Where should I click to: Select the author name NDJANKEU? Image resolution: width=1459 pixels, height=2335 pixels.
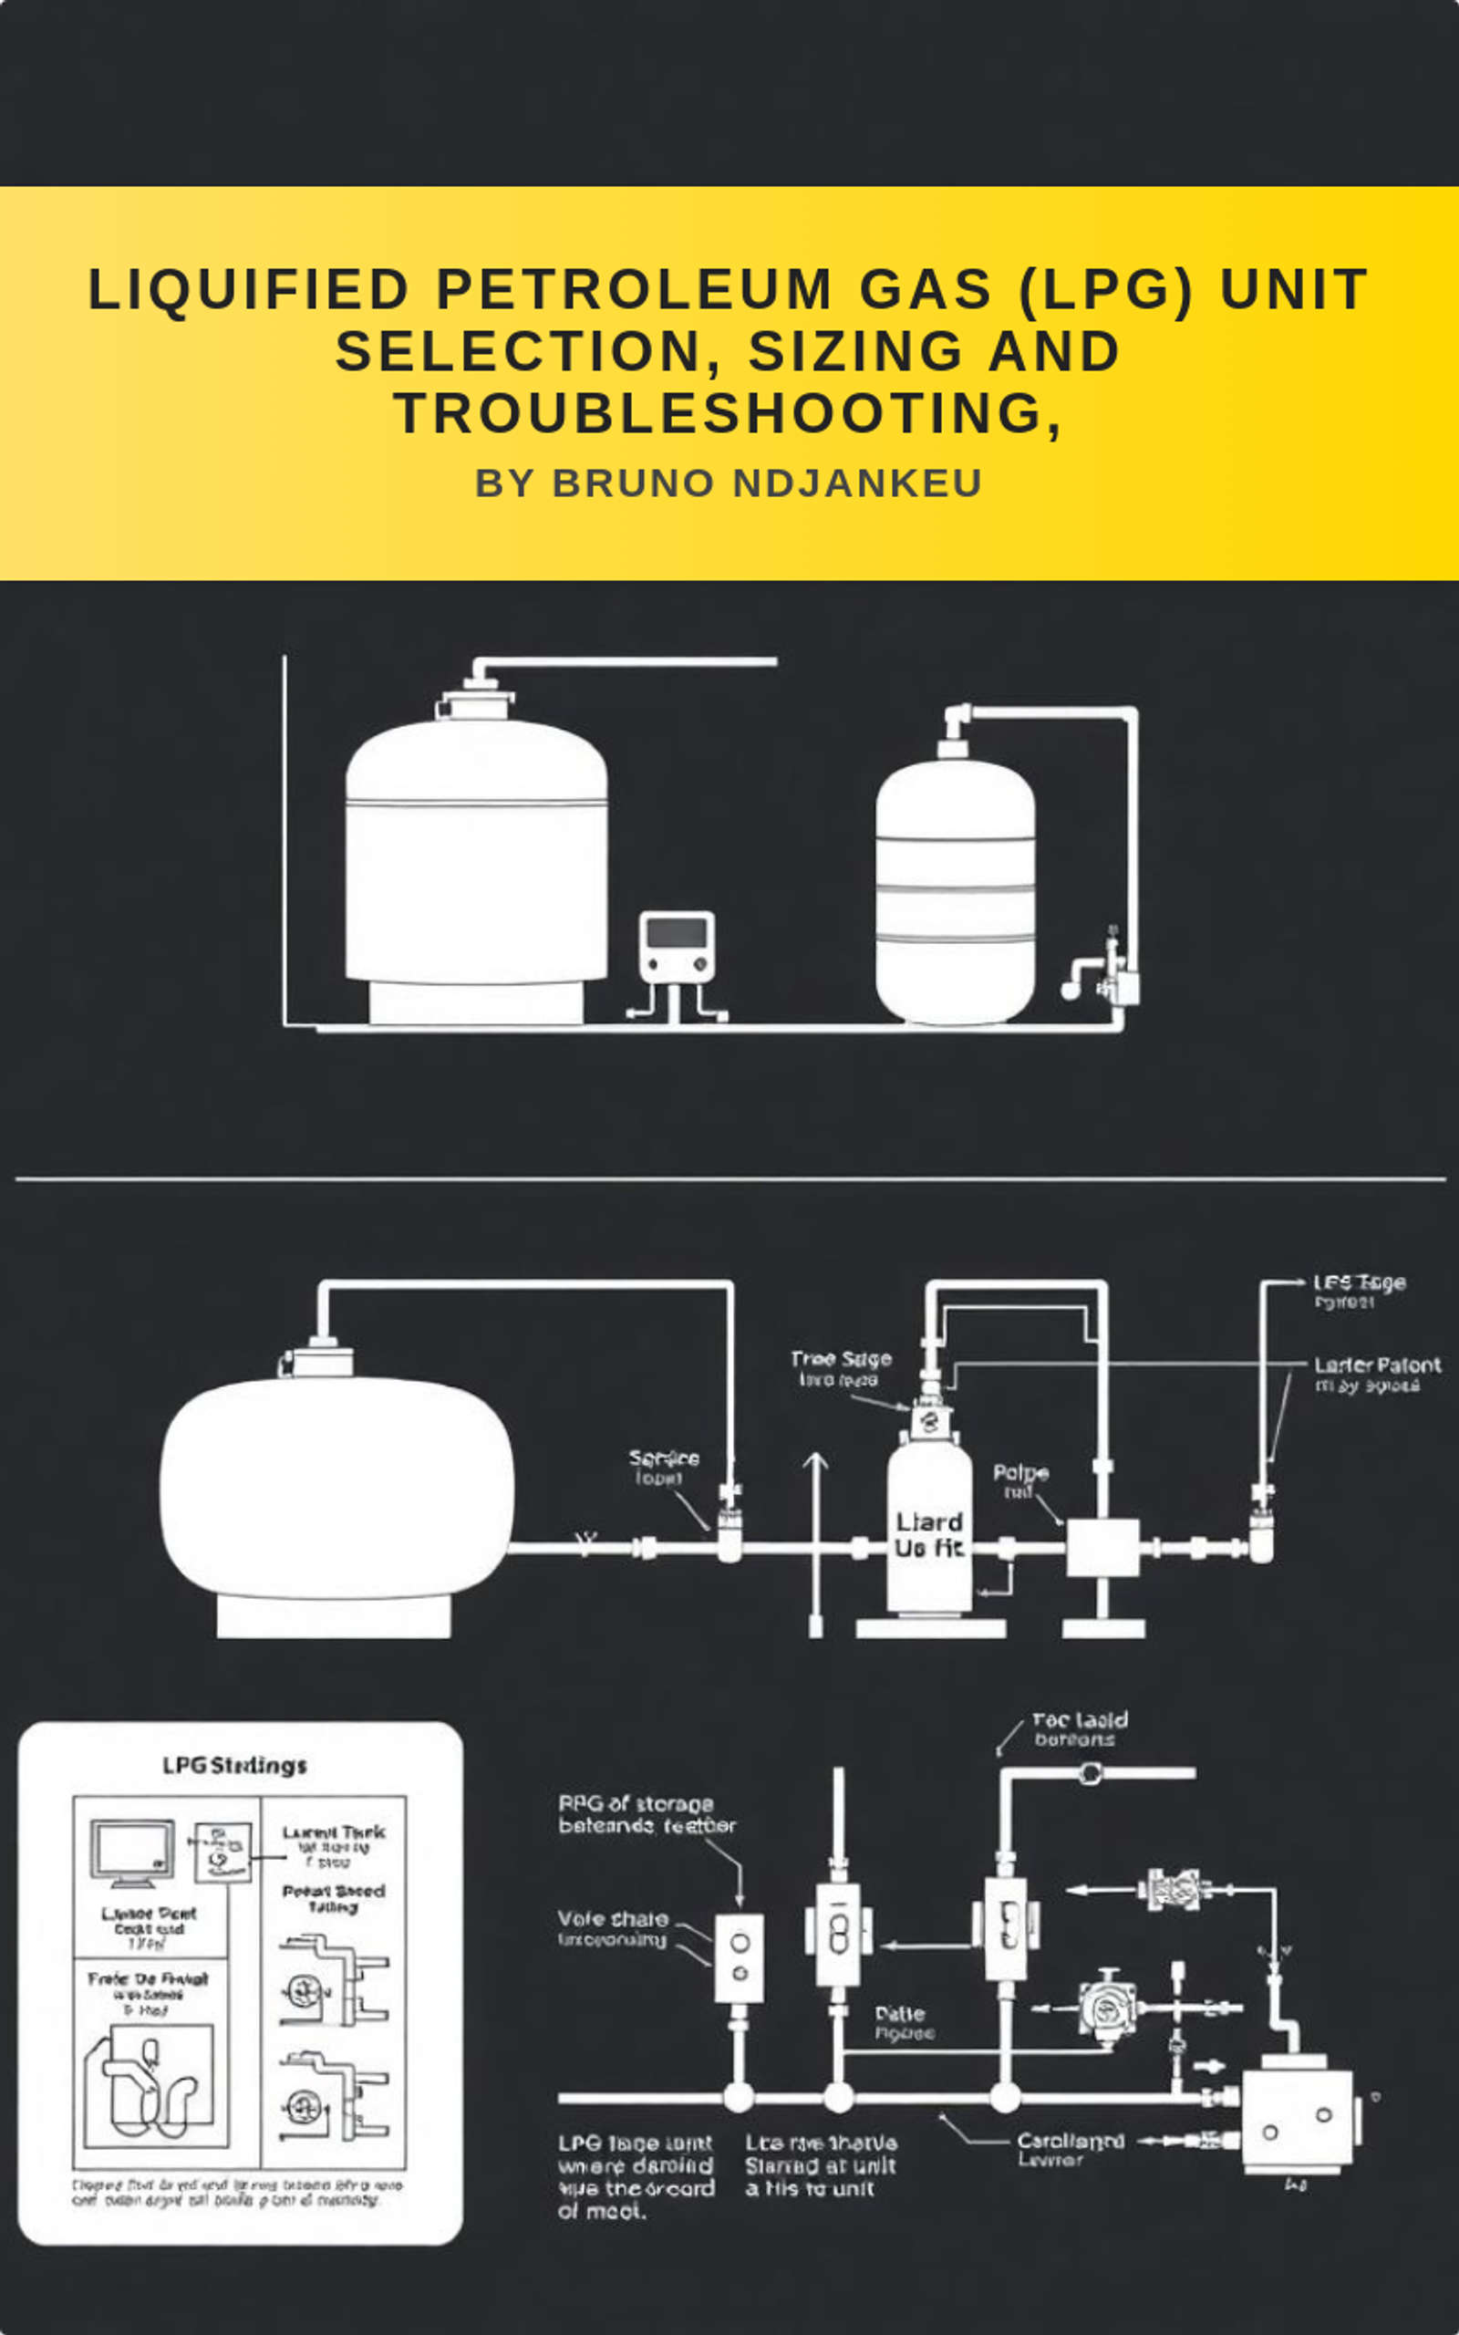(x=858, y=483)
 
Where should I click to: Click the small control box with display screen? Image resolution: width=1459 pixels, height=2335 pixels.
(x=677, y=947)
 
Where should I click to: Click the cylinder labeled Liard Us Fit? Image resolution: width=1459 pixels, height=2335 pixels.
(x=928, y=1534)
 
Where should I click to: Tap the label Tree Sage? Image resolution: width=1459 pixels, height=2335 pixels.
(x=841, y=1358)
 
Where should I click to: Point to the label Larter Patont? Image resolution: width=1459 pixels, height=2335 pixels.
(x=1376, y=1365)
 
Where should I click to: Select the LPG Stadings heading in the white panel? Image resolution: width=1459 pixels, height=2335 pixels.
(x=234, y=1766)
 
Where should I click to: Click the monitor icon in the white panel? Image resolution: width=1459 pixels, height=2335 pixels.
(x=132, y=1852)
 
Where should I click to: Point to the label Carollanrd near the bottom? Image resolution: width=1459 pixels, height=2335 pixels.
(x=1071, y=2141)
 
